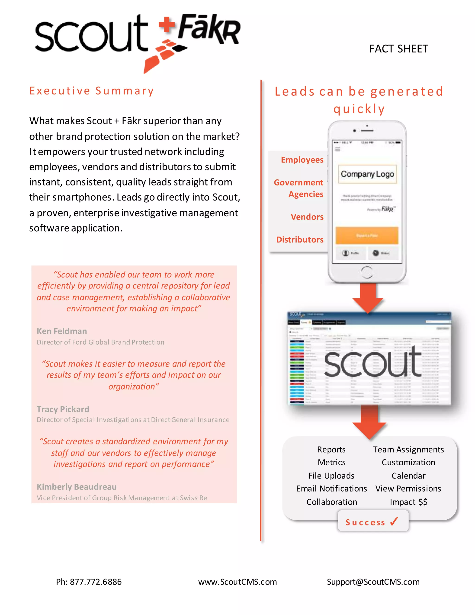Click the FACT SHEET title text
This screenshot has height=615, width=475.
(398, 49)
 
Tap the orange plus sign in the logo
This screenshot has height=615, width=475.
(167, 25)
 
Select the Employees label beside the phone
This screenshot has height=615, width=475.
(302, 160)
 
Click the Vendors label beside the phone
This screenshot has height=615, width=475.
(307, 217)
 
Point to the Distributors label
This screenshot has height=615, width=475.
(300, 240)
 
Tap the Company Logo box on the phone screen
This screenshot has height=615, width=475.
(367, 174)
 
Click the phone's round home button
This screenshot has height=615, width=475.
(367, 272)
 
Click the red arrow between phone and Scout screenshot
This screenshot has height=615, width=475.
(368, 298)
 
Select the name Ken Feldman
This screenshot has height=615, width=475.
(62, 331)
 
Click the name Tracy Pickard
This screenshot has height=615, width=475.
(63, 409)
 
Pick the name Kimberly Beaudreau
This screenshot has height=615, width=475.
(77, 487)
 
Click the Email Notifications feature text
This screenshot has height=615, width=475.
(331, 489)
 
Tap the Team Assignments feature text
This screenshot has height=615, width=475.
(408, 450)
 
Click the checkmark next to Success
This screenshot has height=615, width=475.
(394, 521)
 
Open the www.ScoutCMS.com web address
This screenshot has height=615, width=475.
(237, 582)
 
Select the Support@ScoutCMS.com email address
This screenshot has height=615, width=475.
(373, 582)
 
